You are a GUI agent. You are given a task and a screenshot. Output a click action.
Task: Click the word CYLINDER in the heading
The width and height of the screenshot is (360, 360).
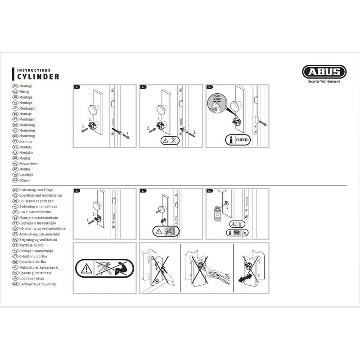point(38,77)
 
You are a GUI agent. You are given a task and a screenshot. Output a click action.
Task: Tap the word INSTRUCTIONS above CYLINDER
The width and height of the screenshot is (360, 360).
point(34,70)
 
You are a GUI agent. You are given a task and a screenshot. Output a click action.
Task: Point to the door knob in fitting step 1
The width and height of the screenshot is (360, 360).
point(94,108)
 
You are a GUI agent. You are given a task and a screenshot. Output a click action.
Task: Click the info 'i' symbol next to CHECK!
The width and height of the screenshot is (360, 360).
point(230,140)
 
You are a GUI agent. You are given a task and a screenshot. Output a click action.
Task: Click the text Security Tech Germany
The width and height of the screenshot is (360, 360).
point(324,81)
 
